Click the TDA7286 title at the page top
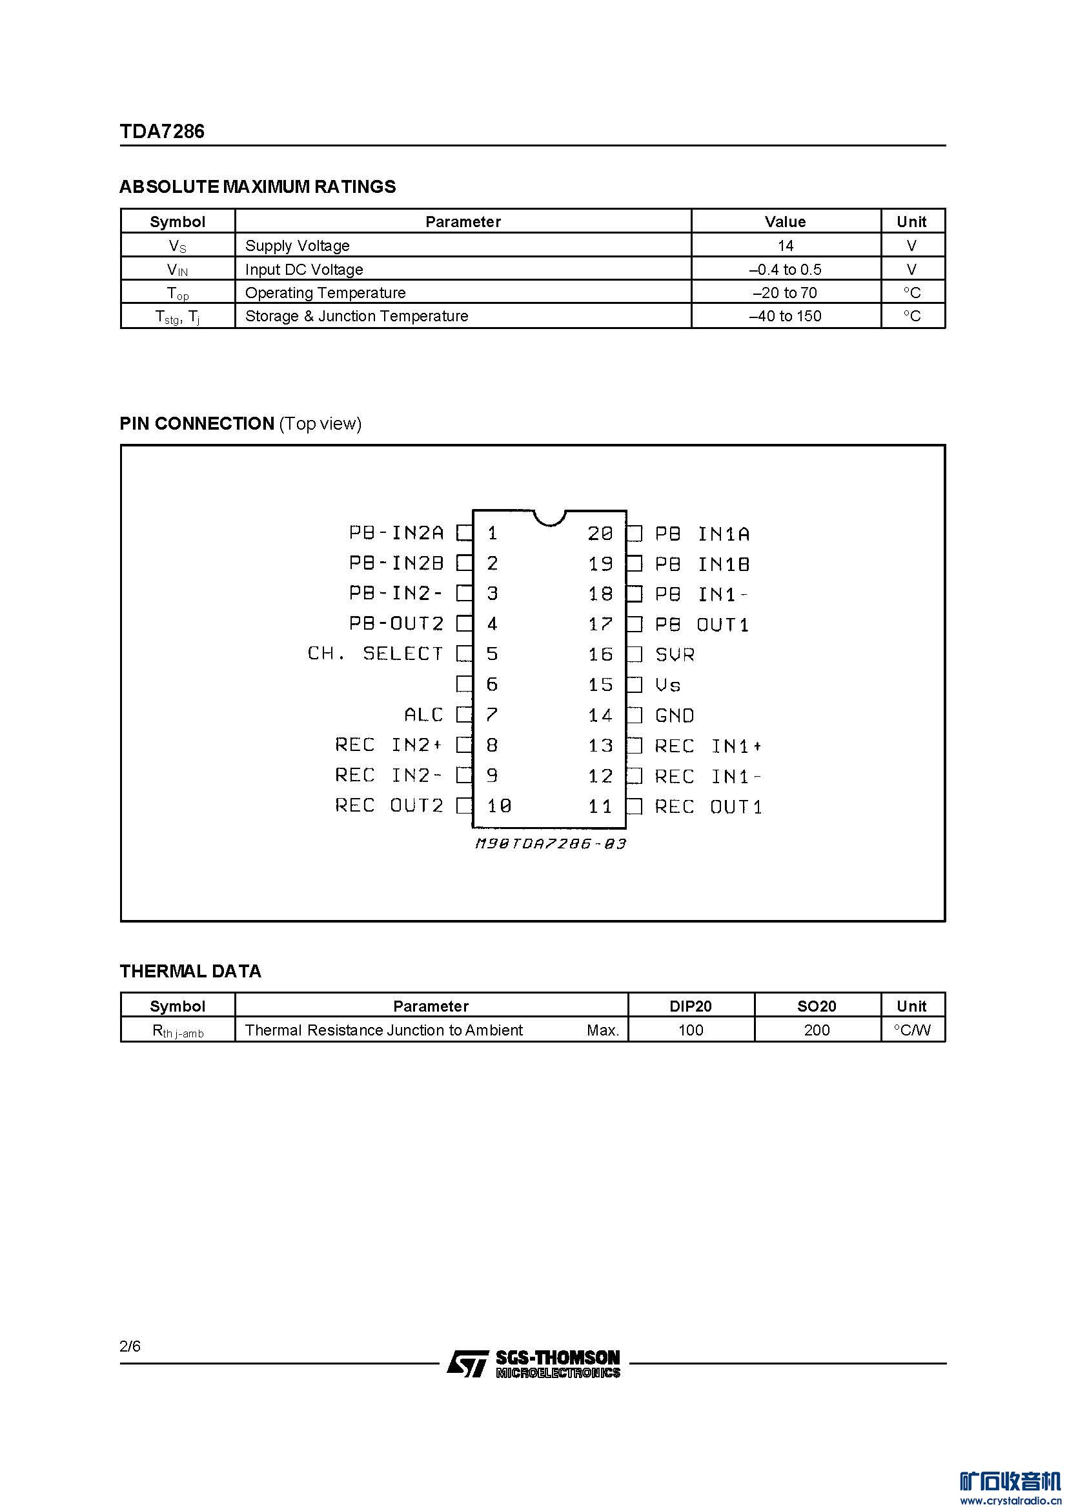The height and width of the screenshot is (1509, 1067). pyautogui.click(x=162, y=132)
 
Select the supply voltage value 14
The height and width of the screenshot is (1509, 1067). pyautogui.click(x=785, y=246)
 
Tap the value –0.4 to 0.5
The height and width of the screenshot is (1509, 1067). pyautogui.click(x=785, y=270)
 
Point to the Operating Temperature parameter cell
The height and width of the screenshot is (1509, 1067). pyautogui.click(x=325, y=292)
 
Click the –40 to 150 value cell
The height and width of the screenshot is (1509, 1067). pyautogui.click(x=785, y=316)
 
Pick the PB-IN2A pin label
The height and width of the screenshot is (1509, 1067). pyautogui.click(x=396, y=532)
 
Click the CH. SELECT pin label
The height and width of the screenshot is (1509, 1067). pyautogui.click(x=376, y=654)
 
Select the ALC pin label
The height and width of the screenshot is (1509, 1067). pyautogui.click(x=423, y=714)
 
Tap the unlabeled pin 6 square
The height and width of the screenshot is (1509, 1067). pyautogui.click(x=464, y=684)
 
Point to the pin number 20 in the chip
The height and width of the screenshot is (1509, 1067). pyautogui.click(x=600, y=533)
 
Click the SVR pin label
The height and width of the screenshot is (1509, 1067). pyautogui.click(x=675, y=655)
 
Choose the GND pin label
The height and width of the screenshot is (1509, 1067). pyautogui.click(x=675, y=715)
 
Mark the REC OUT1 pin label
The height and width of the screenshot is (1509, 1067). pyautogui.click(x=708, y=806)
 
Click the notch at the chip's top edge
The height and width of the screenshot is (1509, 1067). pyautogui.click(x=549, y=517)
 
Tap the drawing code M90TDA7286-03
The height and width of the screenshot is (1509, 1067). pyautogui.click(x=549, y=843)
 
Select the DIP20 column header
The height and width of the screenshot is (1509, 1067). pyautogui.click(x=690, y=1006)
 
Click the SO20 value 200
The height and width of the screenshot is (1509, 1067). pyautogui.click(x=817, y=1030)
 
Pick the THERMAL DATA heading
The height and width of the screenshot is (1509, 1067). pyautogui.click(x=190, y=972)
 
